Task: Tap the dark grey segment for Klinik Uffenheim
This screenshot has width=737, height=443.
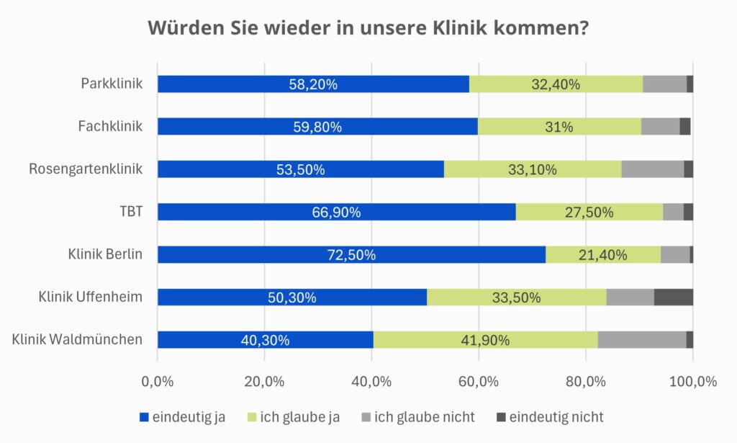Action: [673, 297]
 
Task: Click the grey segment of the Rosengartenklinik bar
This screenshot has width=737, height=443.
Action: [652, 169]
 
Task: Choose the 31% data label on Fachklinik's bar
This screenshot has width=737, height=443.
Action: [559, 127]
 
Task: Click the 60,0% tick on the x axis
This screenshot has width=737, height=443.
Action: [479, 381]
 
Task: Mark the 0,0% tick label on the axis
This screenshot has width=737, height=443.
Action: [158, 381]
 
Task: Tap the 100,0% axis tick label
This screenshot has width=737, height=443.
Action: [692, 381]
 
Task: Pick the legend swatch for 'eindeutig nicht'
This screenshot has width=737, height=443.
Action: [502, 416]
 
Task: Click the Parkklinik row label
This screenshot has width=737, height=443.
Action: [112, 84]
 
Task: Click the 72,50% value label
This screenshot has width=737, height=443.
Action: [352, 254]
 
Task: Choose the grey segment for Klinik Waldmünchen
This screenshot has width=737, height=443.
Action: [642, 340]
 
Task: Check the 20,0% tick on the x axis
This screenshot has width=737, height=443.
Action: [265, 381]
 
